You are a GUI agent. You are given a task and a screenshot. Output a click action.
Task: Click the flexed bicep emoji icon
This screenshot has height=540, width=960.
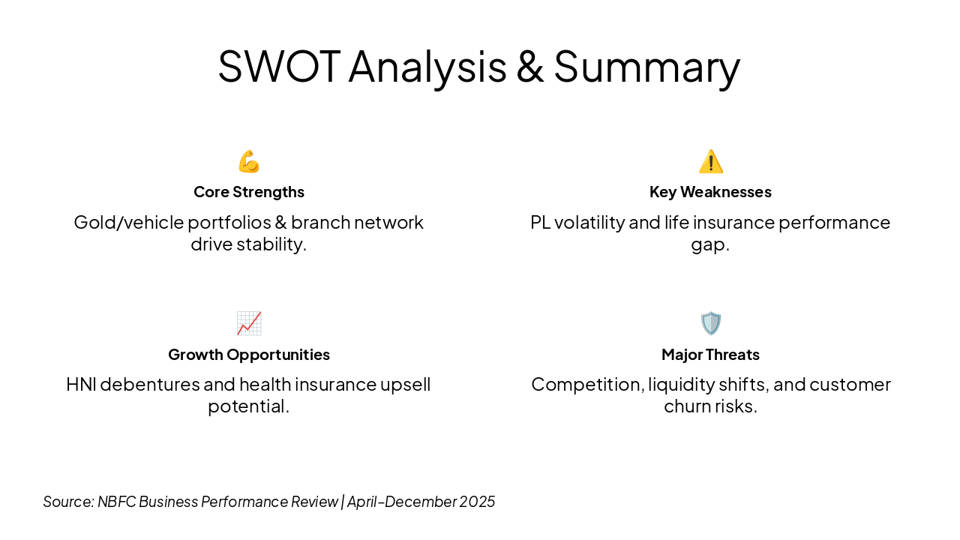[x=249, y=161]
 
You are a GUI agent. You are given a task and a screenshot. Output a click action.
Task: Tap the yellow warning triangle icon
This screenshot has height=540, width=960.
[x=711, y=161]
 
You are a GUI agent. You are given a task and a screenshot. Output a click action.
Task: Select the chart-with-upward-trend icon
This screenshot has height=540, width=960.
[x=249, y=323]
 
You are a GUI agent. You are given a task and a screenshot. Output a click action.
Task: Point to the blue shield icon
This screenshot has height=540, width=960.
[x=711, y=323]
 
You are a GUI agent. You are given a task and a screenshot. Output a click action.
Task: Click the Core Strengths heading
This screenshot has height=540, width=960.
[x=249, y=192]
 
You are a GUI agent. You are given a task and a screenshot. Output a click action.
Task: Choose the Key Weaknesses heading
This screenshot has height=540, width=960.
[x=710, y=192]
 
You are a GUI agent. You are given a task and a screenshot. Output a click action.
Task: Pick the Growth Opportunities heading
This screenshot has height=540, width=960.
[x=249, y=355]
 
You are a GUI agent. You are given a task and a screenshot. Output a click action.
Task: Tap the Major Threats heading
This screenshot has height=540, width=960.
[x=710, y=355]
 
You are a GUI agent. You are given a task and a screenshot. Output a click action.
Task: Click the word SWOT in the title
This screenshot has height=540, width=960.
[x=280, y=67]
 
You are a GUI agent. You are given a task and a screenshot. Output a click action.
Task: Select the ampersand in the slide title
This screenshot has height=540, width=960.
[x=530, y=67]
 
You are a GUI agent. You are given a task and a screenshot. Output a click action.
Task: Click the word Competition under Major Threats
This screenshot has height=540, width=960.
[x=588, y=385]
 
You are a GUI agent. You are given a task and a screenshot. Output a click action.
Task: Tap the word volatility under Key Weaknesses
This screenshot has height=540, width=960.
[x=589, y=223]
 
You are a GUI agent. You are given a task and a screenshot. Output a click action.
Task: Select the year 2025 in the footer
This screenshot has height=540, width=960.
[x=477, y=502]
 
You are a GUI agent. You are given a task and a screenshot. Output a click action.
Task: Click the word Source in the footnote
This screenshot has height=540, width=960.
[x=68, y=502]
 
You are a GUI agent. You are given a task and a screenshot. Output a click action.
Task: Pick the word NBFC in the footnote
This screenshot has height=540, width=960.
[x=116, y=502]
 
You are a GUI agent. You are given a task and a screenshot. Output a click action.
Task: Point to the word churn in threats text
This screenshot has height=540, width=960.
[x=687, y=406]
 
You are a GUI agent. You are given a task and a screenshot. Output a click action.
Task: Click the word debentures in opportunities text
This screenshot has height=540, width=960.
[x=150, y=385]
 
